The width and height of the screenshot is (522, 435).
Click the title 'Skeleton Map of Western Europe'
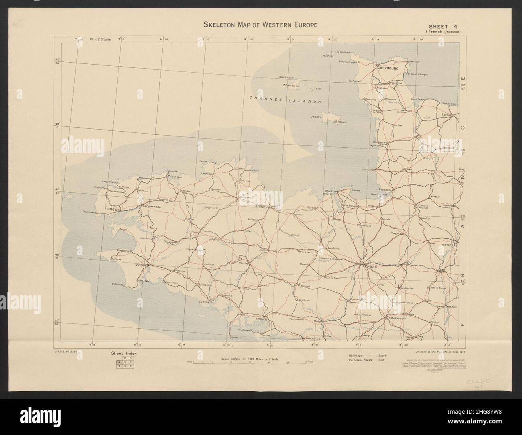261,25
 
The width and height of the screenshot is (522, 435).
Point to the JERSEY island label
316,118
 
